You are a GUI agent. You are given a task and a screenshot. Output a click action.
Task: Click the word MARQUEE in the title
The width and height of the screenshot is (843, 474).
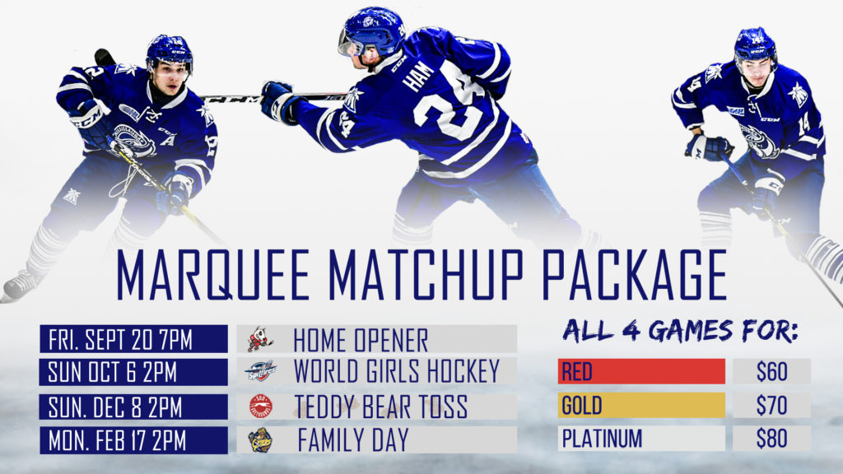pos(213,274)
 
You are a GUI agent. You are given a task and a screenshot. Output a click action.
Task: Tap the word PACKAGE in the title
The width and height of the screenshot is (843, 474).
pos(634,274)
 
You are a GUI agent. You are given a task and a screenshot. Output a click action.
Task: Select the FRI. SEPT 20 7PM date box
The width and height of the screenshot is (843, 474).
pos(133,339)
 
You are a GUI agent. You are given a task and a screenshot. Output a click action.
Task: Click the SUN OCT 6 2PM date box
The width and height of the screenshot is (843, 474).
pos(133,372)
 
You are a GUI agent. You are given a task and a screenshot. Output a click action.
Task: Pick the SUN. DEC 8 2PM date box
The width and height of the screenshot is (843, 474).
pos(133,407)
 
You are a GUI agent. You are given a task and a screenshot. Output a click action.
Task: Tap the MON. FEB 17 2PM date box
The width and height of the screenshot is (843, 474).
pos(133,440)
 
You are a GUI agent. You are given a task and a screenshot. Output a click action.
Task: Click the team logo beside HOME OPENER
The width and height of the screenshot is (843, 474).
pos(260,339)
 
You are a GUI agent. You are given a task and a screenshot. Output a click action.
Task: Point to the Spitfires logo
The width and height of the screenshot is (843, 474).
pos(261,371)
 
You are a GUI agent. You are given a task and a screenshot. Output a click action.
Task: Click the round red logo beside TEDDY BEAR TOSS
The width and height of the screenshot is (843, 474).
pos(261,407)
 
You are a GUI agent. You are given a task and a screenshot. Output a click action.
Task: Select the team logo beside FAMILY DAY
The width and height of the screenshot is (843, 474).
pos(261,440)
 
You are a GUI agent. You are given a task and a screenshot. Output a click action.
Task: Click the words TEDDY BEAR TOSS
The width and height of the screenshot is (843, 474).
pos(380,407)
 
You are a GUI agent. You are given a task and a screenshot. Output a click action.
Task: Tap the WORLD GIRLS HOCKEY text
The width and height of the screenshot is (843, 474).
pos(397,371)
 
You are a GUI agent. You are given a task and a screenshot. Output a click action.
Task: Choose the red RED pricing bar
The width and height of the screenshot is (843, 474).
pos(641,371)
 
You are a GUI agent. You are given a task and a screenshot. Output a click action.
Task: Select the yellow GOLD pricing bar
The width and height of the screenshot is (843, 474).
pos(641,405)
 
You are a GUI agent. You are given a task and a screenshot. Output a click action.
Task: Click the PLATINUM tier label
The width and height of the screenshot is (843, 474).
pos(602,439)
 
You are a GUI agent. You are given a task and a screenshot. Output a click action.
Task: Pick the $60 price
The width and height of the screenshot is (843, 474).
pos(771,371)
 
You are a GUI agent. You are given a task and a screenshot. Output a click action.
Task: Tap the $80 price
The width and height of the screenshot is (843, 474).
pos(771,439)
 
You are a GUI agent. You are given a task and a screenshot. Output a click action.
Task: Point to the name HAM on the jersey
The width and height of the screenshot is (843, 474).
pos(418,76)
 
